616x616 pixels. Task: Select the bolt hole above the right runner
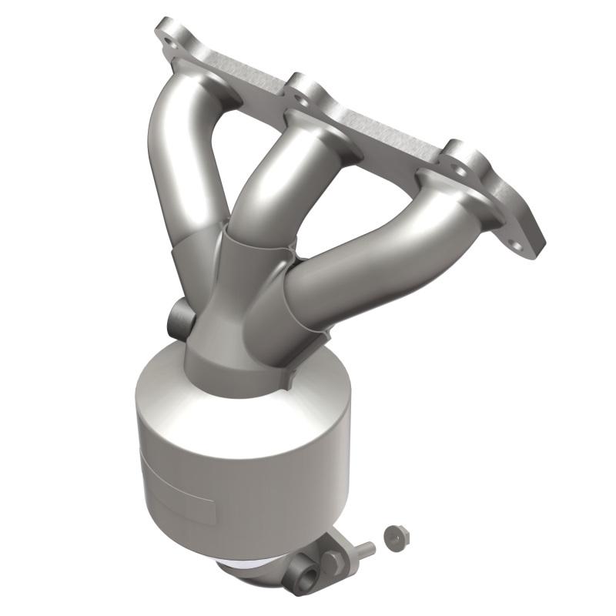[x=460, y=158]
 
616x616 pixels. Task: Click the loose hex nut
[x=397, y=536]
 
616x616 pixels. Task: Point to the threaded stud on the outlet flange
[x=363, y=550]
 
